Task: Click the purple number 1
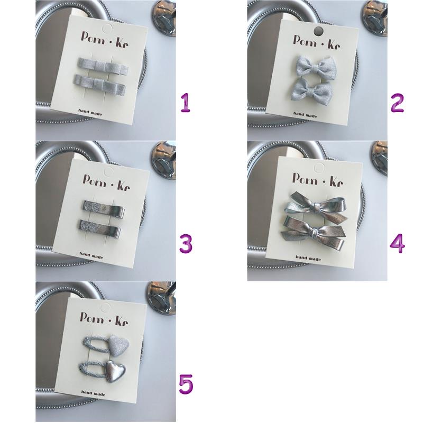186,103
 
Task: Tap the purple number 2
397,103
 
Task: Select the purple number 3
186,244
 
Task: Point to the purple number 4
398,244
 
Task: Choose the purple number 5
186,384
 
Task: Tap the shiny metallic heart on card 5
115,371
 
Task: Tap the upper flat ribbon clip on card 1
103,66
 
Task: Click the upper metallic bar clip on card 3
103,209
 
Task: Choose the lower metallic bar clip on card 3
100,229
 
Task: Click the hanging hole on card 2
319,31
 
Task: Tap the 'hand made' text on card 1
90,112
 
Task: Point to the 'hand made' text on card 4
308,258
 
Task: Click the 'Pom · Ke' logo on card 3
106,182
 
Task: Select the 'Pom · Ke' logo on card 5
104,319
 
